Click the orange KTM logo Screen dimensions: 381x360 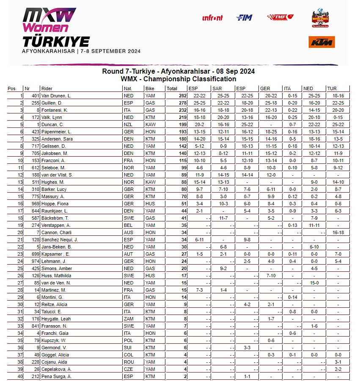tap(322, 42)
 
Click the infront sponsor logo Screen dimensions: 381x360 tap(212, 18)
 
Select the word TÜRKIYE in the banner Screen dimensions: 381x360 tap(56, 41)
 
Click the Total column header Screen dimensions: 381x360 tap(172, 88)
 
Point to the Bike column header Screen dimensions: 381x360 tap(150, 88)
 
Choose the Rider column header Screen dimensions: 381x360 tap(47, 88)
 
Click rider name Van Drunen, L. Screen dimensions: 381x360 tap(56, 96)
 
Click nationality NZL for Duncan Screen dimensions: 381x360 tap(128, 124)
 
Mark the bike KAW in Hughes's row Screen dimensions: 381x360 tap(150, 182)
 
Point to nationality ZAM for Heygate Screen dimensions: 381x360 tap(128, 319)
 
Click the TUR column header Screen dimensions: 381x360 tap(332, 88)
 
